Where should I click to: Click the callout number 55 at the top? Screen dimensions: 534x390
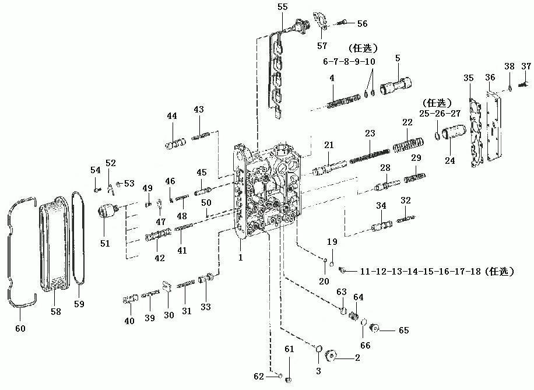(283, 7)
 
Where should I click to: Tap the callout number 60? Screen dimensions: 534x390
(20, 328)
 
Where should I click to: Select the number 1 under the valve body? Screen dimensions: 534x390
(240, 258)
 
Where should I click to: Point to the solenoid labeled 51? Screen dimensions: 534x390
(108, 212)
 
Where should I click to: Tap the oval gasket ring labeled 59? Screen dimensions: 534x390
(78, 237)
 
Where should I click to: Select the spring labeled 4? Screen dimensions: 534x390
(343, 102)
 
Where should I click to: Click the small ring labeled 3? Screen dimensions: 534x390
(319, 349)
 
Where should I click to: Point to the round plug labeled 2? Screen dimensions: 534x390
(331, 356)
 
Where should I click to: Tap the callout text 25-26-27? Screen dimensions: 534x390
(440, 114)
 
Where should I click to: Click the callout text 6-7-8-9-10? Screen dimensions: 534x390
(349, 62)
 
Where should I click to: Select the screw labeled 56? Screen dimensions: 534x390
(342, 23)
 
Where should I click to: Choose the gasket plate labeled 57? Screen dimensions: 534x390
(321, 21)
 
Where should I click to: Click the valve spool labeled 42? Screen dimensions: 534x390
(157, 235)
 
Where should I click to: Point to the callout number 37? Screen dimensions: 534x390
(526, 66)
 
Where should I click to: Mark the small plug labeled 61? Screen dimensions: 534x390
(289, 380)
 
